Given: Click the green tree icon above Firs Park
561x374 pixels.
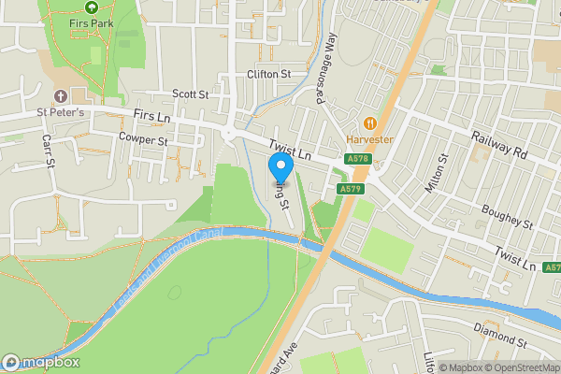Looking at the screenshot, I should (91, 6).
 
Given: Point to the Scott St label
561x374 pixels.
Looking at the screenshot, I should (190, 94).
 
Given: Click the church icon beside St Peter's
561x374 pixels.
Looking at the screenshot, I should (62, 96).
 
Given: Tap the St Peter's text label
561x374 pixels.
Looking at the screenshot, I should (61, 113).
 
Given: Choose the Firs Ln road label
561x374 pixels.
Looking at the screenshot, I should (153, 115).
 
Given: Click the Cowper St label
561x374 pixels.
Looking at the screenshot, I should (143, 139).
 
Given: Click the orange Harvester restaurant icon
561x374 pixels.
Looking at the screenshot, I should (370, 122).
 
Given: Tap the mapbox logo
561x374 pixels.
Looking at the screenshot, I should (40, 362).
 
